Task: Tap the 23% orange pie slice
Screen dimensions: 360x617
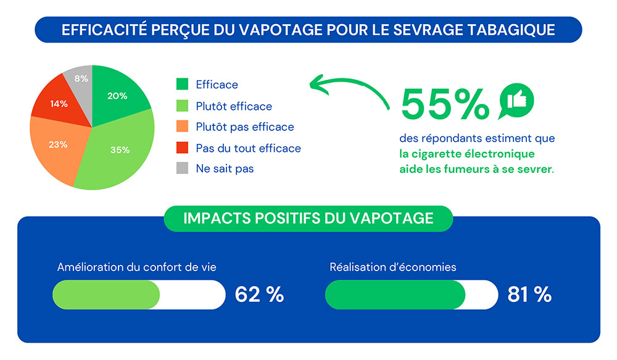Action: [x=59, y=145]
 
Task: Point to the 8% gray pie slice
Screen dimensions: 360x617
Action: [x=81, y=78]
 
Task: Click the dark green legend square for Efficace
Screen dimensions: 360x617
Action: [x=182, y=85]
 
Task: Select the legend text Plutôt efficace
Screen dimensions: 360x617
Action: [x=234, y=106]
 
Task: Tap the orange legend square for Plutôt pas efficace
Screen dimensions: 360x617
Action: [x=182, y=127]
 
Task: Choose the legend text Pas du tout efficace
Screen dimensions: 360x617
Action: [x=248, y=148]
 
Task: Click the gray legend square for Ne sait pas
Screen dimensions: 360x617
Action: [x=182, y=168]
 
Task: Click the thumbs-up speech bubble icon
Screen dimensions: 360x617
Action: [x=516, y=100]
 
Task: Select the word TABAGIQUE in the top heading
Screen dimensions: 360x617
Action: [x=514, y=30]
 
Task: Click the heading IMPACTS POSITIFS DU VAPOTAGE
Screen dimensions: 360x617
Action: [x=308, y=218]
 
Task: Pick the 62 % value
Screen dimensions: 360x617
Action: [x=259, y=295]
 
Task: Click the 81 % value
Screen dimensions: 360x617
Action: [x=529, y=295]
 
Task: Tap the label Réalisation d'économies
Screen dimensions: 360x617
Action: [x=393, y=267]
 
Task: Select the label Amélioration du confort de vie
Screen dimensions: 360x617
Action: [x=136, y=267]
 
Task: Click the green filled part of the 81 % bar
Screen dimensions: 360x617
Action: [x=395, y=295]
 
